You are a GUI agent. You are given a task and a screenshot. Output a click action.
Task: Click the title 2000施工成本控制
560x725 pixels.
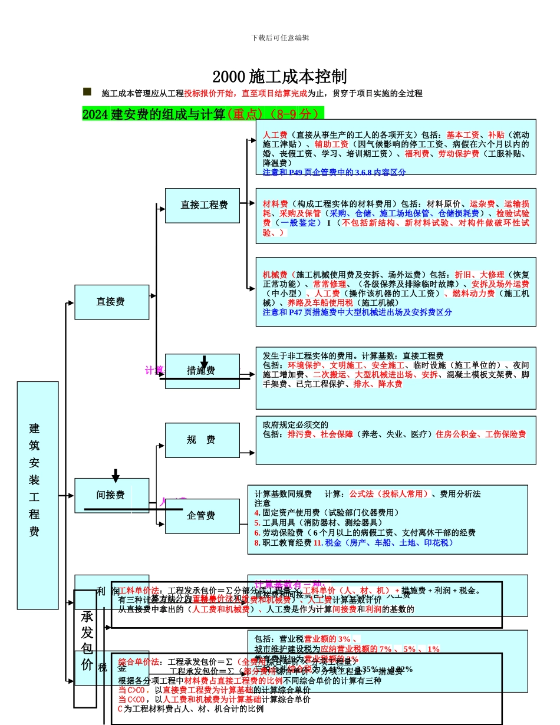[279, 77]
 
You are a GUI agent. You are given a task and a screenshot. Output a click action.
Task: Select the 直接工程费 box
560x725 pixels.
[202, 206]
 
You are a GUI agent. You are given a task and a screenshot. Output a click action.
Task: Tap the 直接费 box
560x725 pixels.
[111, 302]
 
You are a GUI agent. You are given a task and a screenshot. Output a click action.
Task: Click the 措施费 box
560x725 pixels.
[202, 371]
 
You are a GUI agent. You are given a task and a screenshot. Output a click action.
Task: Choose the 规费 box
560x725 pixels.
[202, 440]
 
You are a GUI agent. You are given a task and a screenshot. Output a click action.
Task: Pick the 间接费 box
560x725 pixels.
[111, 496]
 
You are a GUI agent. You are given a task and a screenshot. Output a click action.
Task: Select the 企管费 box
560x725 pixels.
[202, 516]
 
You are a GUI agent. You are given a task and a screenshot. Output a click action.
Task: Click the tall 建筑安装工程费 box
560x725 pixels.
[38, 495]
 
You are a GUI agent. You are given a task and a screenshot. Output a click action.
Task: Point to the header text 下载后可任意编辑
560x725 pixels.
[280, 38]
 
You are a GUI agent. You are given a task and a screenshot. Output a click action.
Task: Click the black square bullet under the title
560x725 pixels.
[87, 91]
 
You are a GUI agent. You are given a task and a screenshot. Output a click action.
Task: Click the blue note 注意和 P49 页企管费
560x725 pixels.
[334, 172]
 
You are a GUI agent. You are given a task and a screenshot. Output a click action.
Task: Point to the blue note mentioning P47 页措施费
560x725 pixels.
[357, 312]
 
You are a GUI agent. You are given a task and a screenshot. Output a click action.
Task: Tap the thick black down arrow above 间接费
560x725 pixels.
[116, 476]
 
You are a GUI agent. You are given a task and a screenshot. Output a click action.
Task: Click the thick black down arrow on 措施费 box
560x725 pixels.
[204, 361]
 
